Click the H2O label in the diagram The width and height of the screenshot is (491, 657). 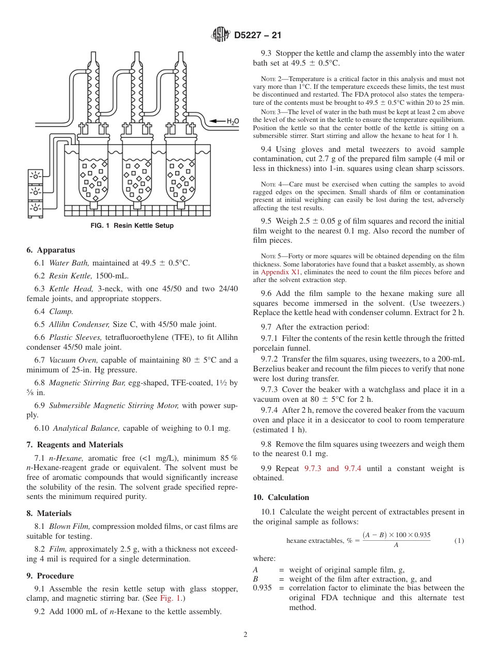[x=233, y=121]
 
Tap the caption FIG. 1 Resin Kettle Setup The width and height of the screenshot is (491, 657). [x=132, y=226]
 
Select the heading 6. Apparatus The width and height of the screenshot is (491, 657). [x=51, y=251]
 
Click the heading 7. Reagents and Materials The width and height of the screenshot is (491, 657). [x=74, y=445]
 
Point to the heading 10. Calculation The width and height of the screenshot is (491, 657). [x=281, y=497]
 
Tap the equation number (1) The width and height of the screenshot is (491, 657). [x=459, y=541]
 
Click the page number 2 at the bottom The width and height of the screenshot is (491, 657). [x=245, y=635]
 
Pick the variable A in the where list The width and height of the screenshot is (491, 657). [x=255, y=570]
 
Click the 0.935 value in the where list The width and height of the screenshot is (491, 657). [x=262, y=588]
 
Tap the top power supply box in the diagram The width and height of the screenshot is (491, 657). [x=35, y=176]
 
